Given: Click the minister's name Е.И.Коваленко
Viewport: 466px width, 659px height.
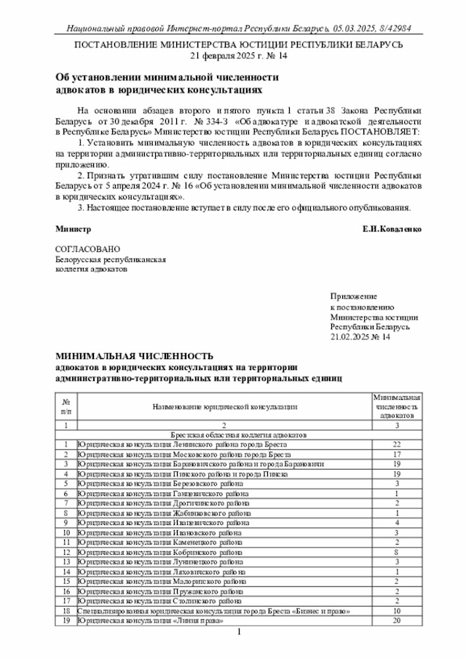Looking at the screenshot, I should pyautogui.click(x=392, y=229).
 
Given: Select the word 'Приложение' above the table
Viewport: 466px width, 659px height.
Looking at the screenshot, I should pyautogui.click(x=353, y=296).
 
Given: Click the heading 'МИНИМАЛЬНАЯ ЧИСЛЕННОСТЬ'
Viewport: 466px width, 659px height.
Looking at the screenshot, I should pyautogui.click(x=135, y=357).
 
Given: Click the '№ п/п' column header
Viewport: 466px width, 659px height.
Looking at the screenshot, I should pyautogui.click(x=66, y=406).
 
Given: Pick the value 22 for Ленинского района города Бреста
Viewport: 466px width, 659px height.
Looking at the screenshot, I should pyautogui.click(x=397, y=444).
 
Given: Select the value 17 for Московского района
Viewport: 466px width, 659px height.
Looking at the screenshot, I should pyautogui.click(x=397, y=454).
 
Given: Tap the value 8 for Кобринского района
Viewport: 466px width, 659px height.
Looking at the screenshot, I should pyautogui.click(x=397, y=552).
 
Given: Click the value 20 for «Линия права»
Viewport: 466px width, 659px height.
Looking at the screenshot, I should pyautogui.click(x=397, y=620).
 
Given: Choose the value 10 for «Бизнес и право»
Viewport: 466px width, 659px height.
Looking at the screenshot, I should pyautogui.click(x=397, y=611).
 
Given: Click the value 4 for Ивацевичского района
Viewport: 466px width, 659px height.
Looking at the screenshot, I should pyautogui.click(x=397, y=522).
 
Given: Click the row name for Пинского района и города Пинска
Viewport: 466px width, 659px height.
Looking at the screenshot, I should pyautogui.click(x=187, y=473).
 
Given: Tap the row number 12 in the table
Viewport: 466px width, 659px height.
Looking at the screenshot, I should pyautogui.click(x=66, y=552).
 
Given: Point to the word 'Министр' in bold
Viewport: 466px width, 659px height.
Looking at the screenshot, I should pyautogui.click(x=74, y=229).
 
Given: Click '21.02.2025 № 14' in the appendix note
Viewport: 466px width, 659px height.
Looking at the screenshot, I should pyautogui.click(x=360, y=337).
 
